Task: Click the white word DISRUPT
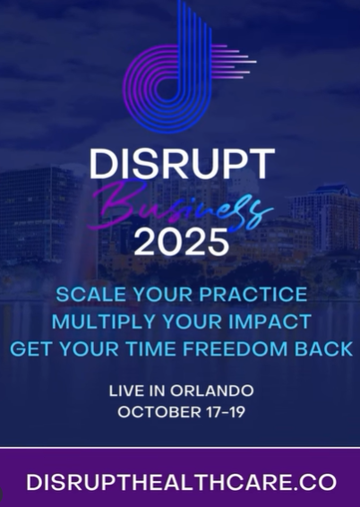pos(182,164)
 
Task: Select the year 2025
pos(181,243)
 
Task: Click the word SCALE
pos(90,294)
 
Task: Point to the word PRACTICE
pos(253,294)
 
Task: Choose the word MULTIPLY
pos(103,322)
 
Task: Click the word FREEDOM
pos(235,349)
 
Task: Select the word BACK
pos(324,349)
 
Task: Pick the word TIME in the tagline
pos(150,349)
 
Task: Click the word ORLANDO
pos(212,391)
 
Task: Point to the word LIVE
pos(127,391)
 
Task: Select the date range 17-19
pos(226,412)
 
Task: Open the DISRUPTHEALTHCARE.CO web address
pos(181,482)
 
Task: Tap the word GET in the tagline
pos(30,349)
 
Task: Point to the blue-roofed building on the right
pos(326,217)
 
